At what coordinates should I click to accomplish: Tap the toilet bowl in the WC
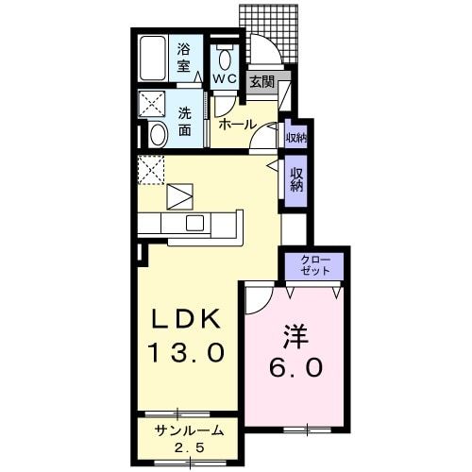click(x=224, y=56)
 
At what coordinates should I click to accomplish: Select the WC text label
click(x=224, y=78)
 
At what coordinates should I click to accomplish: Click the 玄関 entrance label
click(x=261, y=82)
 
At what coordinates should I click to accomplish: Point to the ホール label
click(x=237, y=125)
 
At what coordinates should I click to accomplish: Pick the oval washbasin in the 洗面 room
click(x=158, y=134)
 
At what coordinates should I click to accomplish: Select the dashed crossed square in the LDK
click(x=151, y=170)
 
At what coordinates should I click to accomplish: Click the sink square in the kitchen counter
click(x=195, y=224)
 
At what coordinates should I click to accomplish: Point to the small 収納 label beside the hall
click(x=295, y=137)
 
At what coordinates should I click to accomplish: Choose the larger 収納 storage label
click(x=296, y=178)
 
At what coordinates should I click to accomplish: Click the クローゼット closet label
click(x=315, y=264)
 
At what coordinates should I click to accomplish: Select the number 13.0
click(x=187, y=354)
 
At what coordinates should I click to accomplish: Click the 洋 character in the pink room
click(x=294, y=335)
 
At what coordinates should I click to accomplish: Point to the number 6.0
click(x=294, y=366)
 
